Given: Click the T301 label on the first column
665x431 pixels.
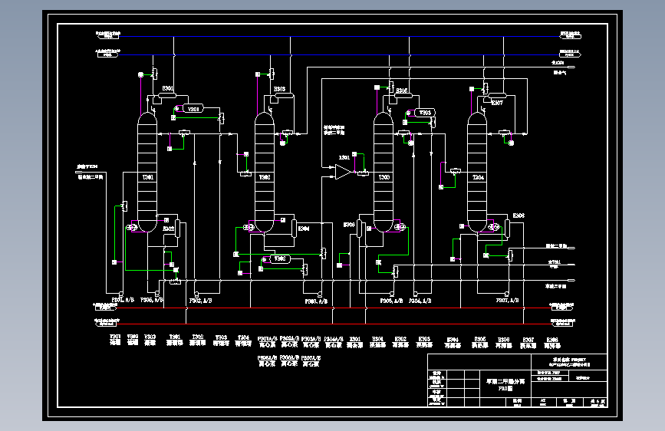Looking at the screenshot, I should [148, 178].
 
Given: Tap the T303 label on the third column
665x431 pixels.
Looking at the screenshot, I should [384, 178].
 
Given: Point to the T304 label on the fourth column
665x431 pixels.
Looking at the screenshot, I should [478, 178].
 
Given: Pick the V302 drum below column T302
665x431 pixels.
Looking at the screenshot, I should [279, 259].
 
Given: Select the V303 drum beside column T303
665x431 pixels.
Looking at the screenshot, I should [426, 113].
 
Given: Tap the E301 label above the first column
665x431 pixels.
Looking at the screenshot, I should [168, 88].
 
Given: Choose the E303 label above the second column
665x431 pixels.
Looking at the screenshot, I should [280, 89].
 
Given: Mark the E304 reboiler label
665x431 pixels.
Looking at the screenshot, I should [304, 228].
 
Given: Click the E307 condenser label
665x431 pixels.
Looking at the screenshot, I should [497, 102].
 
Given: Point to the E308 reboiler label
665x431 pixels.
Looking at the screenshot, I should [519, 216].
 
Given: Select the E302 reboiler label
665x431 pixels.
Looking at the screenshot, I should [169, 228].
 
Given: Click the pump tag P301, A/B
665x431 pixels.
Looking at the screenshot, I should [123, 301].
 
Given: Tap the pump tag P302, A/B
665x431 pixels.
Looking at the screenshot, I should [200, 301].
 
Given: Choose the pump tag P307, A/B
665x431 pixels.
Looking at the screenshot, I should [510, 301].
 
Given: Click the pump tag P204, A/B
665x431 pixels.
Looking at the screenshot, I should [420, 301].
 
